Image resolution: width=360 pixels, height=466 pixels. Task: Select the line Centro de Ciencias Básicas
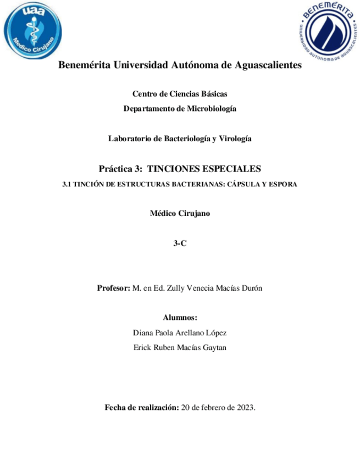pyautogui.click(x=180, y=94)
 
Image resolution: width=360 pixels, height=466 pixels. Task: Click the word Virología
pyautogui.click(x=236, y=139)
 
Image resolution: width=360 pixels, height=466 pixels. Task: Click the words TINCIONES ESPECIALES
pyautogui.click(x=205, y=168)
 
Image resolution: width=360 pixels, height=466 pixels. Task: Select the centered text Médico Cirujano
pyautogui.click(x=180, y=214)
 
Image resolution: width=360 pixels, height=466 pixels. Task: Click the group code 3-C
pyautogui.click(x=180, y=244)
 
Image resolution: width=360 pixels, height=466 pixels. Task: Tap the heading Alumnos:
pyautogui.click(x=180, y=318)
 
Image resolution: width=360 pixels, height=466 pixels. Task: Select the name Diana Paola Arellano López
pyautogui.click(x=180, y=333)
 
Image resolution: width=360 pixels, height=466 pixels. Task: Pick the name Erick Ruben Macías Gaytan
pyautogui.click(x=180, y=348)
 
